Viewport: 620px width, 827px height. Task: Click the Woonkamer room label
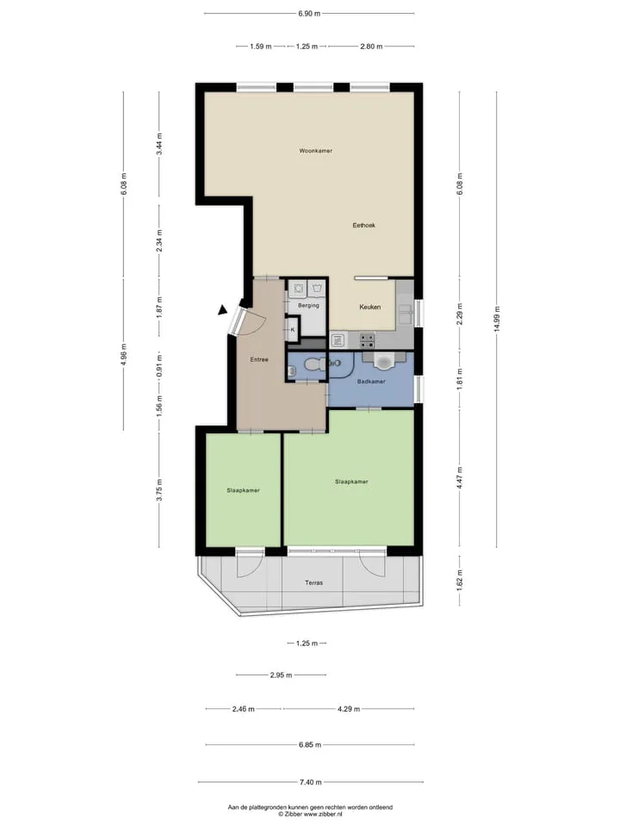[x=316, y=151]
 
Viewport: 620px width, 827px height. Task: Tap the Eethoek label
[x=363, y=225]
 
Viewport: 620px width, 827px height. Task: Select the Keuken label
[x=370, y=307]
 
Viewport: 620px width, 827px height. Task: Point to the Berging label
[x=308, y=305]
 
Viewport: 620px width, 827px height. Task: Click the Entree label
[x=259, y=360]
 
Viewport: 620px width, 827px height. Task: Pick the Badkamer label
[x=371, y=382]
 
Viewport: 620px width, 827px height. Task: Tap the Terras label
[x=313, y=583]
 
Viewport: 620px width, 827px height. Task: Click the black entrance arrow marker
[x=223, y=310]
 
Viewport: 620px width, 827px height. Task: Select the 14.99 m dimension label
[x=496, y=319]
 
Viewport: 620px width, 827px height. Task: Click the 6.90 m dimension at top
[x=309, y=14]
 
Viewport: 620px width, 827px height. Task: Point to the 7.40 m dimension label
[x=311, y=782]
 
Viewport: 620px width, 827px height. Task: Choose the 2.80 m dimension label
[x=371, y=47]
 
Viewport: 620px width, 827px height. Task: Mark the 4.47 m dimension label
[x=459, y=478]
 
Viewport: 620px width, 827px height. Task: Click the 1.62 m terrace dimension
[x=459, y=580]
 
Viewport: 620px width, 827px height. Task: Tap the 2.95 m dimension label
[x=281, y=675]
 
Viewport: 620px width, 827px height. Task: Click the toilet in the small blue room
[x=316, y=364]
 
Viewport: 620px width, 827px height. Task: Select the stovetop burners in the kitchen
[x=368, y=340]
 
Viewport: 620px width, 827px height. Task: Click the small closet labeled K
[x=293, y=330]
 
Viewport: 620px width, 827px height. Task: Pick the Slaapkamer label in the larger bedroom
[x=351, y=482]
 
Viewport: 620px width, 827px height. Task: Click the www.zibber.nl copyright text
[x=310, y=815]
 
